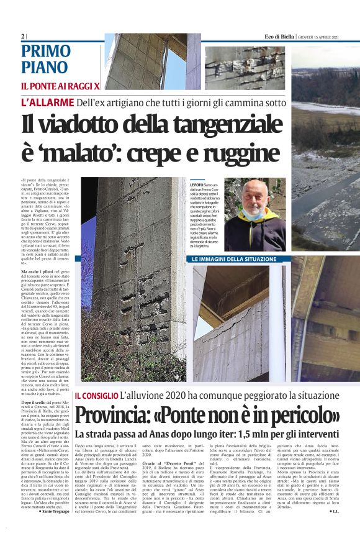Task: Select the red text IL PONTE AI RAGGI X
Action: (x=60, y=84)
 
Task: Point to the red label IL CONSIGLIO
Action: (x=96, y=395)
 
